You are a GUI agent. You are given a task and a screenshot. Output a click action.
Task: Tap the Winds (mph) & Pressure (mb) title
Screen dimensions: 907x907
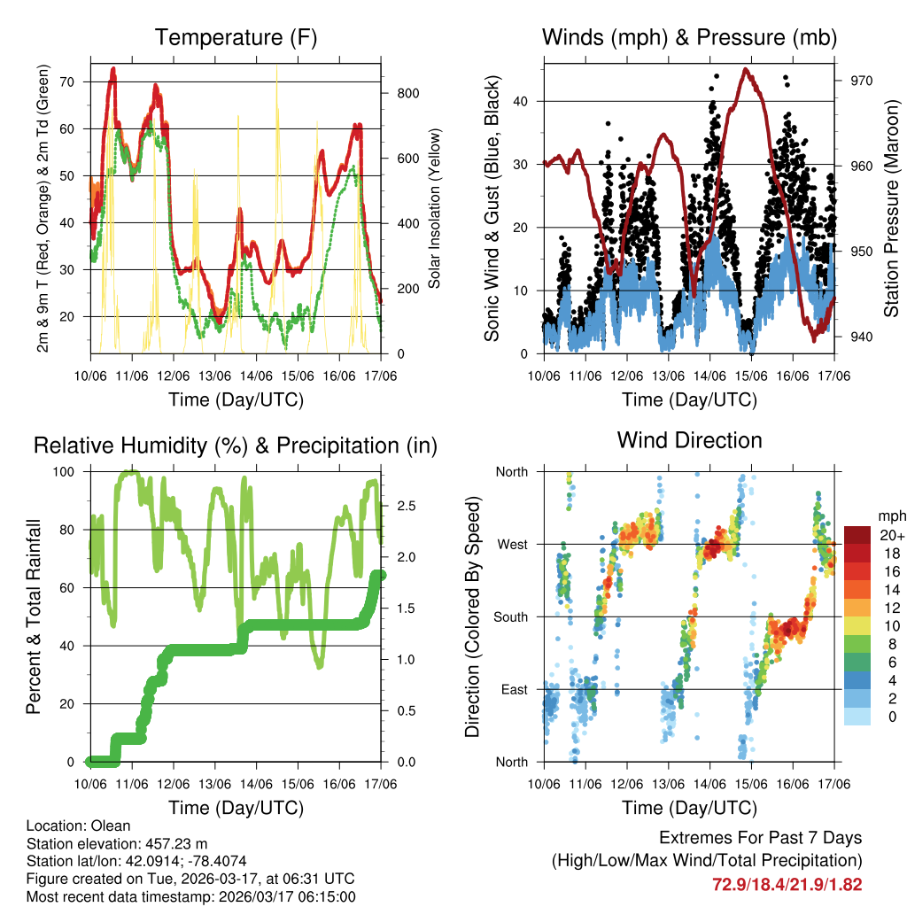(689, 37)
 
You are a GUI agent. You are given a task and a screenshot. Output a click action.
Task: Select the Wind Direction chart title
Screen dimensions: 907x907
(689, 440)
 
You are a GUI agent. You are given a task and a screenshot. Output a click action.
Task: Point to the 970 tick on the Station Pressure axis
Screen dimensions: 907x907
(862, 81)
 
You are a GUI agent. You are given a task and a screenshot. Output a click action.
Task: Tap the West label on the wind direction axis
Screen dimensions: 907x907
(511, 545)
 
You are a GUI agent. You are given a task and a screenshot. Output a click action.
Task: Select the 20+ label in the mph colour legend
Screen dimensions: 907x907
(890, 535)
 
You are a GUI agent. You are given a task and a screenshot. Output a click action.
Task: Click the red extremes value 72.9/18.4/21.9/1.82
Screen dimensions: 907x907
(787, 885)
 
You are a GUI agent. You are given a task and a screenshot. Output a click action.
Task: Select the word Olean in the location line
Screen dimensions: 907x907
(110, 826)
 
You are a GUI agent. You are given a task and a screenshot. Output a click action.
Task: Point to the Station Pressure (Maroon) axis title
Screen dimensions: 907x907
(891, 208)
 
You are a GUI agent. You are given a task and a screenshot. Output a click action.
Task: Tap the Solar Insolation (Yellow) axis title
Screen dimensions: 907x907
(434, 208)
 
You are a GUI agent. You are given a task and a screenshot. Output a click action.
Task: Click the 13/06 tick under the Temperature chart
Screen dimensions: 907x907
(215, 376)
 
